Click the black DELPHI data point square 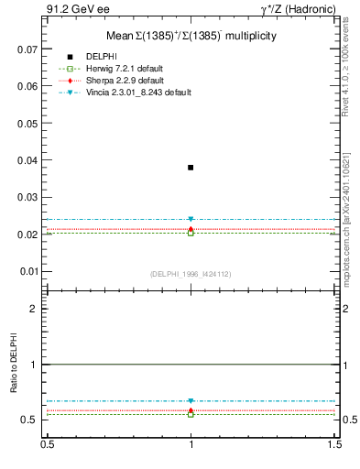[x=191, y=168]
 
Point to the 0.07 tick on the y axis [x=28, y=49]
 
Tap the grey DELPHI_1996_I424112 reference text [x=191, y=274]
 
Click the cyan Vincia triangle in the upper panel [x=191, y=220]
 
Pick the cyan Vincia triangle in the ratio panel [x=191, y=401]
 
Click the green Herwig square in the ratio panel [x=191, y=414]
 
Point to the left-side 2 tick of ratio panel [x=35, y=309]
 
